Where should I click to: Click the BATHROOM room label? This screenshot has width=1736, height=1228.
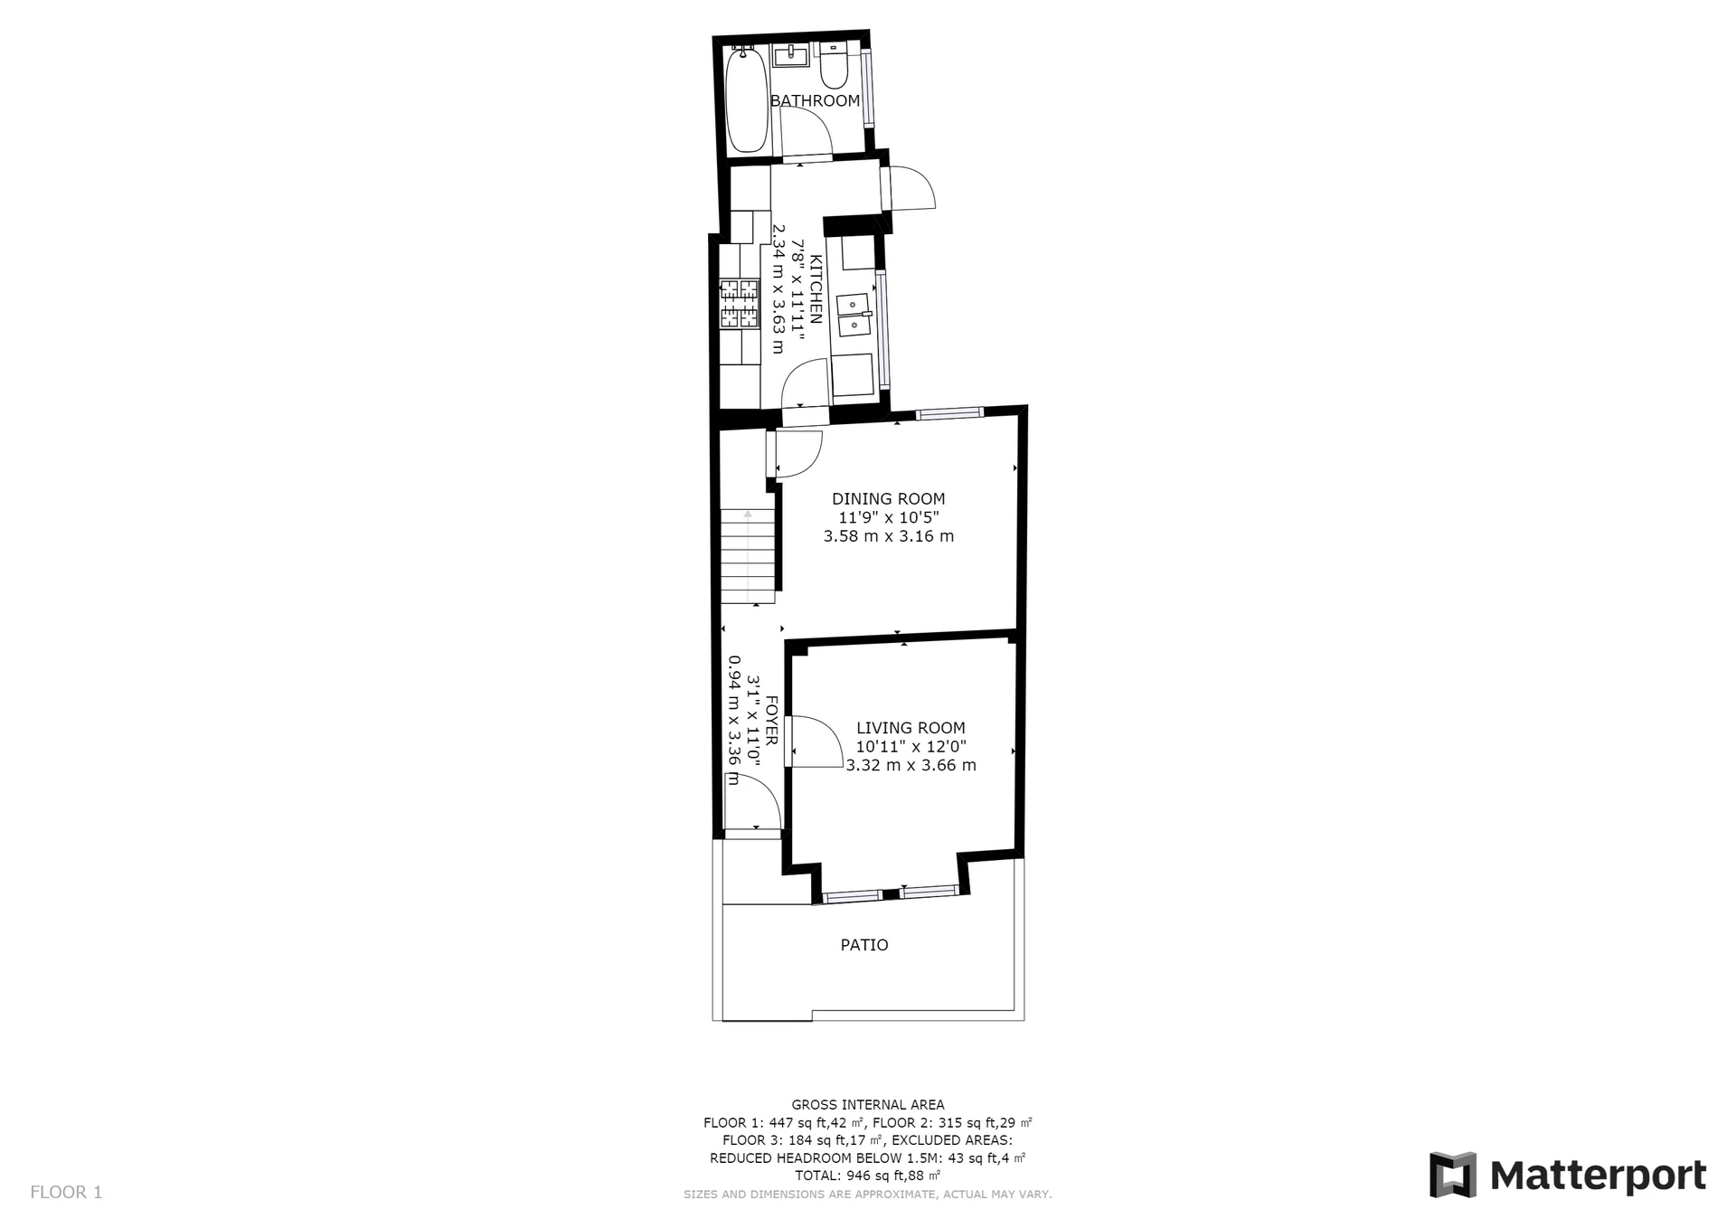click(x=815, y=100)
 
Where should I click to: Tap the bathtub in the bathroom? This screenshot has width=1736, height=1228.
click(x=747, y=99)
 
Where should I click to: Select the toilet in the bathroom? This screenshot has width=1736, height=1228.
click(x=833, y=64)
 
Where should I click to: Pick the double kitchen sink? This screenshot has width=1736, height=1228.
click(x=854, y=314)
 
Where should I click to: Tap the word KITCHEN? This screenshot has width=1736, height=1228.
click(x=815, y=289)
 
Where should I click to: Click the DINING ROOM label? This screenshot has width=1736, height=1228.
click(x=889, y=498)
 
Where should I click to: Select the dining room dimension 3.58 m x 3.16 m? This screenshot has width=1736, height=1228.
click(x=889, y=536)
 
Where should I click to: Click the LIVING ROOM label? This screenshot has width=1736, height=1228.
click(x=910, y=728)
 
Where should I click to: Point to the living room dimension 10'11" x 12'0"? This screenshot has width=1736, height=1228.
click(x=910, y=747)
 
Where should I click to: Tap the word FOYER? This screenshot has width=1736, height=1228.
click(x=771, y=721)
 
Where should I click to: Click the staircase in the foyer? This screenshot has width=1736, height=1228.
click(x=748, y=556)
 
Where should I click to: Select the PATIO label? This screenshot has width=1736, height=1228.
click(x=864, y=945)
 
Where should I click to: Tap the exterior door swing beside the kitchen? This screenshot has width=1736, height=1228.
click(x=911, y=189)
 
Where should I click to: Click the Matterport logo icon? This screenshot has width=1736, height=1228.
click(x=1453, y=1175)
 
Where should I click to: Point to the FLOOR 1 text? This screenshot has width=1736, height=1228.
click(x=66, y=1192)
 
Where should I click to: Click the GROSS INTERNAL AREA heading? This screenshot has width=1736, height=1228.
click(x=868, y=1104)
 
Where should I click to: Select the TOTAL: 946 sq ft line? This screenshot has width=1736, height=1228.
click(x=868, y=1176)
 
